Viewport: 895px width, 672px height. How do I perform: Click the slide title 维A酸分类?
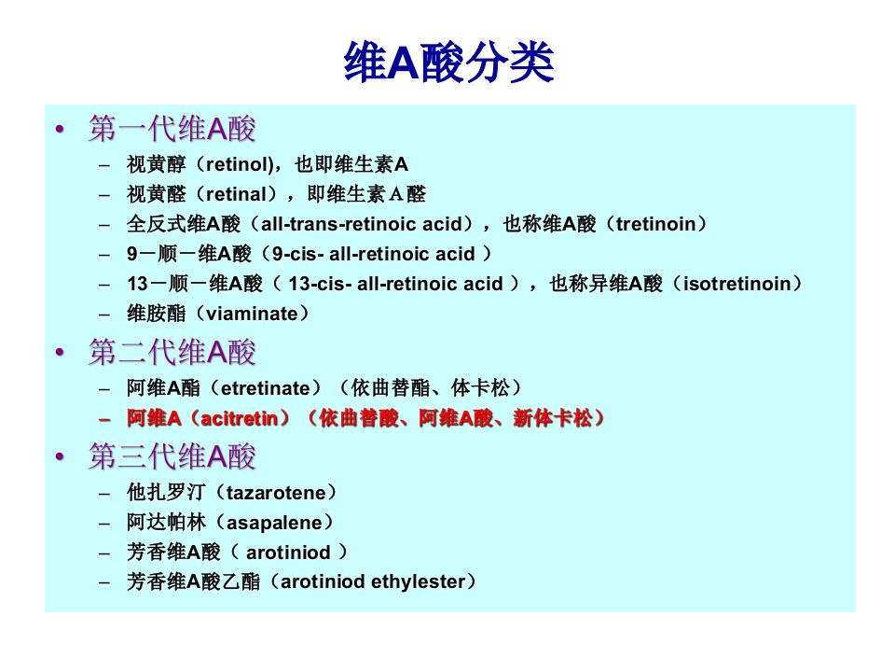[x=448, y=63]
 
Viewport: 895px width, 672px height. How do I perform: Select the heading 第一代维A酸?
[x=172, y=128]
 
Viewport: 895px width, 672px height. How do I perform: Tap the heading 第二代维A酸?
[x=172, y=352]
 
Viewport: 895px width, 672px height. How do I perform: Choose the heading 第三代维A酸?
[x=172, y=456]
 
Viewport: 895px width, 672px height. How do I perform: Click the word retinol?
[x=237, y=164]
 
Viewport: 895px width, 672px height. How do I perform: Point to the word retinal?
[x=236, y=194]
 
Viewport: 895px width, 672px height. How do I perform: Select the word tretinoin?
[x=655, y=224]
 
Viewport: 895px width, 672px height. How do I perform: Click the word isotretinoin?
[x=737, y=284]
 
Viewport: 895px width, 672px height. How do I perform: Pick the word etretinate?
[x=266, y=388]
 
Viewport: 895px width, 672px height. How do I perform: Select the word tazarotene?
[x=276, y=493]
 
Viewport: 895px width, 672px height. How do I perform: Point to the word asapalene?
[x=274, y=523]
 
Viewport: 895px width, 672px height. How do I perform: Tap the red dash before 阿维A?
[x=104, y=420]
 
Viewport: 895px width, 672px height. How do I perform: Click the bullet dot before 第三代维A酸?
[x=60, y=456]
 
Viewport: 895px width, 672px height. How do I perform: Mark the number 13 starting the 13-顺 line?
[x=138, y=284]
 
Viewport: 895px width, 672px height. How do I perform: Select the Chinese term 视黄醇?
[x=157, y=164]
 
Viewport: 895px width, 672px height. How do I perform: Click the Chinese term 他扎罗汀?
[x=166, y=493]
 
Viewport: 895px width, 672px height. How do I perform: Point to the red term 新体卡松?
[x=553, y=418]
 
